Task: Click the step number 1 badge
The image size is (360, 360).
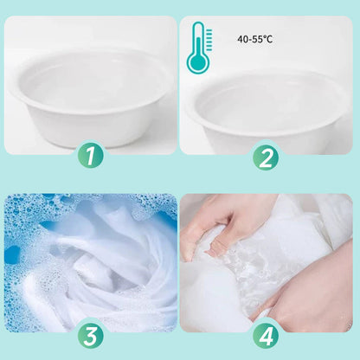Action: (x=90, y=157)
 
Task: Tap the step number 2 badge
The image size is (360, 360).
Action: (x=266, y=157)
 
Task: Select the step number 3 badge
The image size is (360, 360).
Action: (x=90, y=336)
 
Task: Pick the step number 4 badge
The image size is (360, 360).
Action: (x=266, y=336)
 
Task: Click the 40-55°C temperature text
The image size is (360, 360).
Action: (x=254, y=39)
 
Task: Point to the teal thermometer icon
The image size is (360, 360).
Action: (x=199, y=48)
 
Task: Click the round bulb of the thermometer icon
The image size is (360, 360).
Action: (x=197, y=62)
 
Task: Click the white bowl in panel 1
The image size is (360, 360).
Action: (x=91, y=98)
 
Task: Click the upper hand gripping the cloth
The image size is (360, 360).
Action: (x=228, y=228)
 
